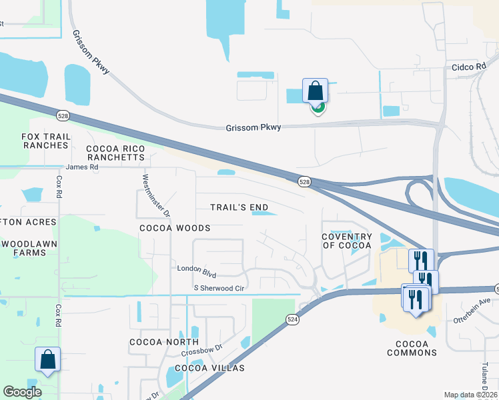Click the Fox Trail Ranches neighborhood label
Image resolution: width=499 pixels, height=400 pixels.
pos(45,141)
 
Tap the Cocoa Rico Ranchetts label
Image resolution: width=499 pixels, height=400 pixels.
pos(115,153)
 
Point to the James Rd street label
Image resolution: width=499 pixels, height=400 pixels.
pos(82,167)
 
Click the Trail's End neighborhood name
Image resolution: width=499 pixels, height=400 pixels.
pos(239,207)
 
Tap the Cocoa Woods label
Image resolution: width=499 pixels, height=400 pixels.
pos(175,228)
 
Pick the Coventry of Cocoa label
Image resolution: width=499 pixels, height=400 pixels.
pos(346,241)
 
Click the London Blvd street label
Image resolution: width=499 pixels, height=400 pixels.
pos(197,269)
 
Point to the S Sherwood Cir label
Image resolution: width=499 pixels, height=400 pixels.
pos(219,288)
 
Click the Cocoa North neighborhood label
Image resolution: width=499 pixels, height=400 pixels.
pos(155,342)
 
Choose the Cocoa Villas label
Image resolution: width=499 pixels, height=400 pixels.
pos(209,368)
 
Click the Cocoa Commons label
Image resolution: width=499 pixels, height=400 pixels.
pos(412,348)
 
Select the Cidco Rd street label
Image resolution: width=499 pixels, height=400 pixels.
pos(469,67)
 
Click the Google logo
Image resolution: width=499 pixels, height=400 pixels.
pos(23,392)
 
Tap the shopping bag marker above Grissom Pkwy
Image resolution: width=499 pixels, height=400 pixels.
pos(315,90)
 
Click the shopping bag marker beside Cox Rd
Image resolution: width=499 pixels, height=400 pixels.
pos(48,359)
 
